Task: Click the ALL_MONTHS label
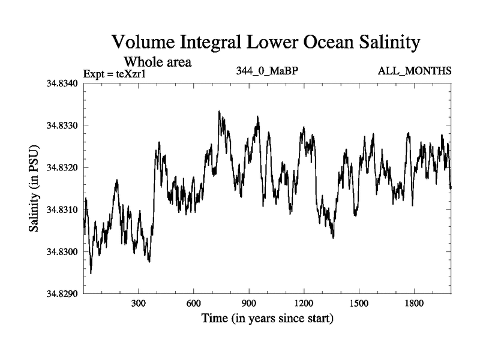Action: [415, 71]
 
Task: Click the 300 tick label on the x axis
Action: [139, 304]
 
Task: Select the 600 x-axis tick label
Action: [194, 304]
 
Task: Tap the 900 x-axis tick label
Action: [249, 304]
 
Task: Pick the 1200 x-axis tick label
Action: [304, 304]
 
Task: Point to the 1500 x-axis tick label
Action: [359, 304]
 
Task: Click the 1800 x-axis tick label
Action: [414, 304]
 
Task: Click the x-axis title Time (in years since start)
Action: [267, 318]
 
